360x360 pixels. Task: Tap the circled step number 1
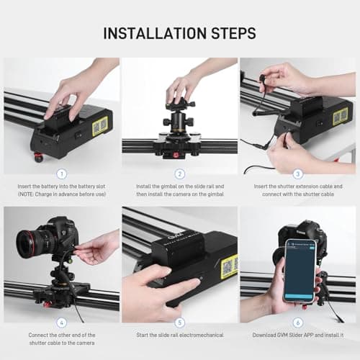[61, 174]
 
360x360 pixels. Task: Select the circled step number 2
[180, 174]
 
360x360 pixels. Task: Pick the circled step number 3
[298, 174]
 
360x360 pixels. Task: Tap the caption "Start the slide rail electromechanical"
[180, 335]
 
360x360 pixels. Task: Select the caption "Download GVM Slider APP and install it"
[298, 335]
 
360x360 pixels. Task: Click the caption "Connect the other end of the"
[61, 335]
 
